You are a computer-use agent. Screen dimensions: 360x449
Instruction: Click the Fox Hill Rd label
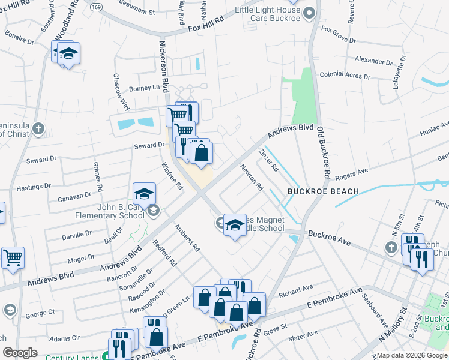[x=205, y=28]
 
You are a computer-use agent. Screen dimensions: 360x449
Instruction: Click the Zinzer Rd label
[x=268, y=160]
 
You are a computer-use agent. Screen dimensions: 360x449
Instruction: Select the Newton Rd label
[x=252, y=178]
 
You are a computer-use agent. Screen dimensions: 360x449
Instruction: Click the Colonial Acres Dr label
[x=345, y=75]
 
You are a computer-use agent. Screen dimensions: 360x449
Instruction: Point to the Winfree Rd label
[x=173, y=176]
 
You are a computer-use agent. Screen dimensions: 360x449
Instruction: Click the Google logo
[x=20, y=353]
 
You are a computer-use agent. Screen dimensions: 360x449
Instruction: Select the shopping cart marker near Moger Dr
[x=13, y=257]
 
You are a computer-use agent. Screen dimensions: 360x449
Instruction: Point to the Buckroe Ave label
[x=328, y=235]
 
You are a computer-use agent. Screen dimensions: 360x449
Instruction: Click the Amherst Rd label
[x=187, y=238]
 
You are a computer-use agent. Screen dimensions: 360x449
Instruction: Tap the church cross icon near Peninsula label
[x=38, y=128]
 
